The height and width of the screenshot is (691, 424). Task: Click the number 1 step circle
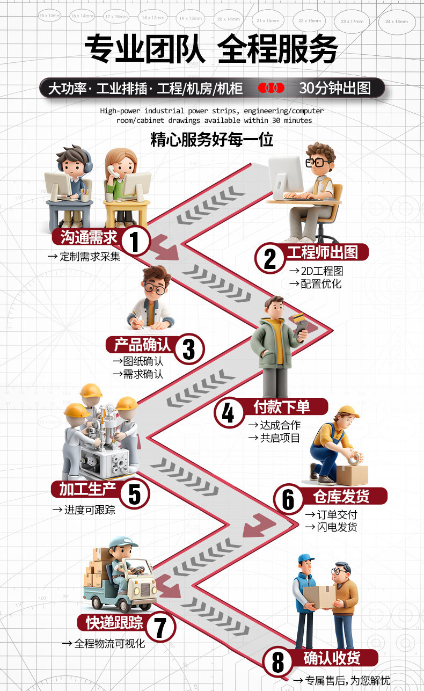tap(135, 241)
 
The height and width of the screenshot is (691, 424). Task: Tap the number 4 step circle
tap(229, 413)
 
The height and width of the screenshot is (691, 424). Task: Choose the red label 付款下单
tap(282, 406)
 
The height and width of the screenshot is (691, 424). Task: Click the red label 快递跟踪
tap(114, 622)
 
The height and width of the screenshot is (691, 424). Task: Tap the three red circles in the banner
tap(271, 88)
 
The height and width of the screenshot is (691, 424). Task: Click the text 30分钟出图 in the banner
tap(335, 88)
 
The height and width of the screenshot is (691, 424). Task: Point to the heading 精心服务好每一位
tap(212, 140)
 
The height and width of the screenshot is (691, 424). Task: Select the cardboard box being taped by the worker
tap(352, 475)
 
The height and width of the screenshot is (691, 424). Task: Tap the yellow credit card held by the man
tap(298, 318)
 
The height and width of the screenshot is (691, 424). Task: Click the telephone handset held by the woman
tap(111, 171)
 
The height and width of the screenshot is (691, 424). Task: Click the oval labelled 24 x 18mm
tap(397, 22)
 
